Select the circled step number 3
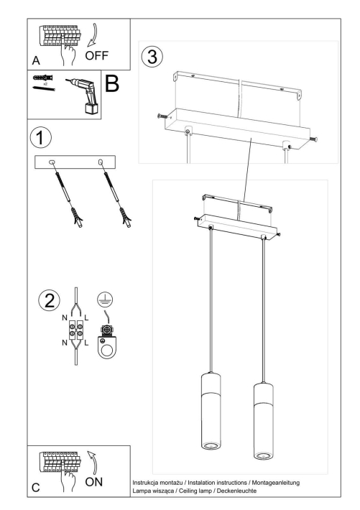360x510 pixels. [149, 56]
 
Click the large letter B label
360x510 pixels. [113, 84]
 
